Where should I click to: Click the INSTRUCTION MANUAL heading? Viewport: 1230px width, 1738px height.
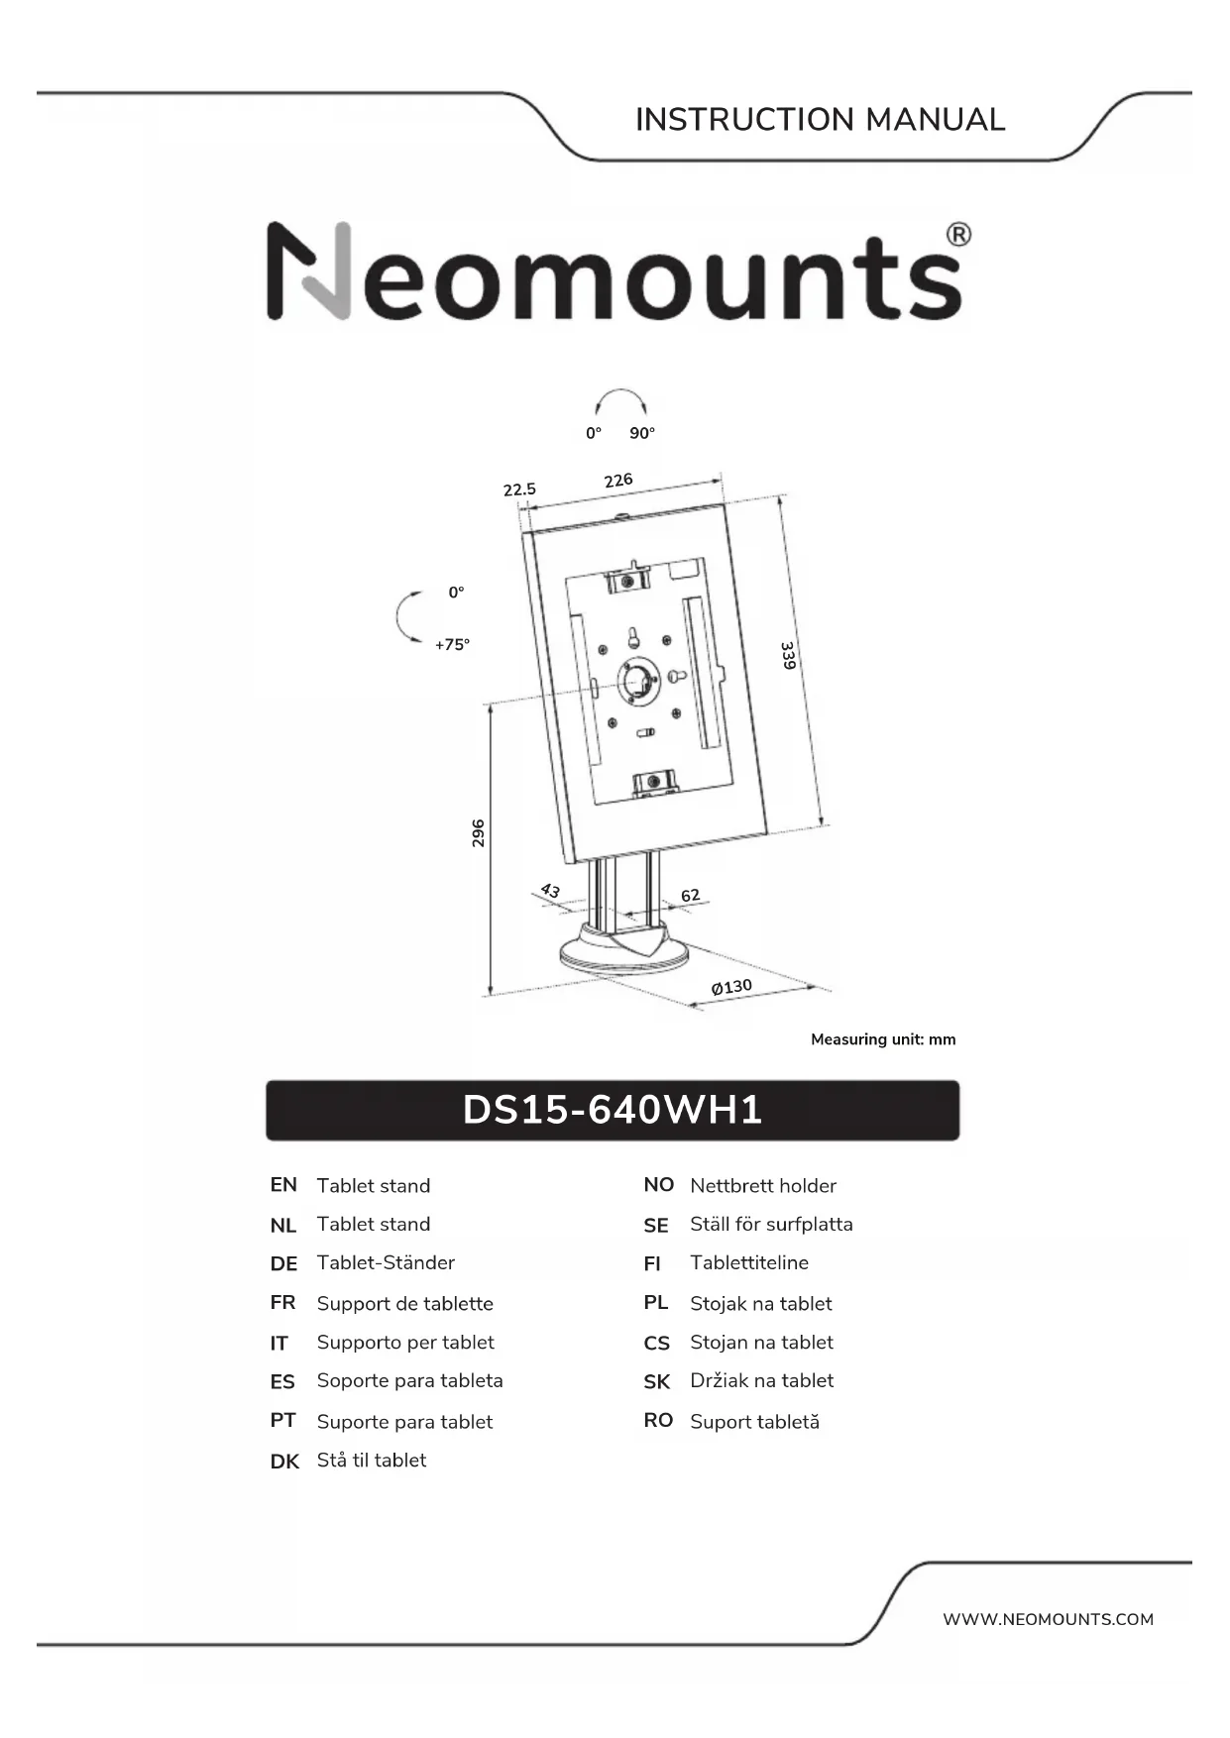[820, 120]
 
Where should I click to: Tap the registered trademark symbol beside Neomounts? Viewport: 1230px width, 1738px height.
[957, 235]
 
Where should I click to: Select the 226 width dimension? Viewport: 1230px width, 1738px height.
[618, 481]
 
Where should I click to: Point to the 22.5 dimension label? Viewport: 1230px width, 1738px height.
[519, 489]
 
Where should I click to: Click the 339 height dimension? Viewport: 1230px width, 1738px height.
[788, 655]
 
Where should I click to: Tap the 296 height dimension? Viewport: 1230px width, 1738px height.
[478, 832]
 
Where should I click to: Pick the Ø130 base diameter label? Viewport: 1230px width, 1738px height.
[731, 987]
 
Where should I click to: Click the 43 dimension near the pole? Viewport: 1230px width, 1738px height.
[550, 891]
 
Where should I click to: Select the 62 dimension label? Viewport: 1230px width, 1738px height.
[690, 895]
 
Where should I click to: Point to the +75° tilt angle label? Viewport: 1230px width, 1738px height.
[452, 645]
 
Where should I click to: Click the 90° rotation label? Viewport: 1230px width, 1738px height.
[642, 433]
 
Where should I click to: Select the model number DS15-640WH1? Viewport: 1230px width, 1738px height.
[613, 1110]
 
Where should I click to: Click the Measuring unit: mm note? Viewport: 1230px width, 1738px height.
[883, 1039]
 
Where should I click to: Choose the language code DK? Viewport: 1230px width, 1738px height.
[284, 1462]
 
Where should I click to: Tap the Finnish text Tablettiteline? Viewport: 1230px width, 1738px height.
[749, 1263]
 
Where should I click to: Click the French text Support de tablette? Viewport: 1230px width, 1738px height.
[404, 1304]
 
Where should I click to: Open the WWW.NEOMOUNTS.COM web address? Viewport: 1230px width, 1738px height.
[1048, 1619]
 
